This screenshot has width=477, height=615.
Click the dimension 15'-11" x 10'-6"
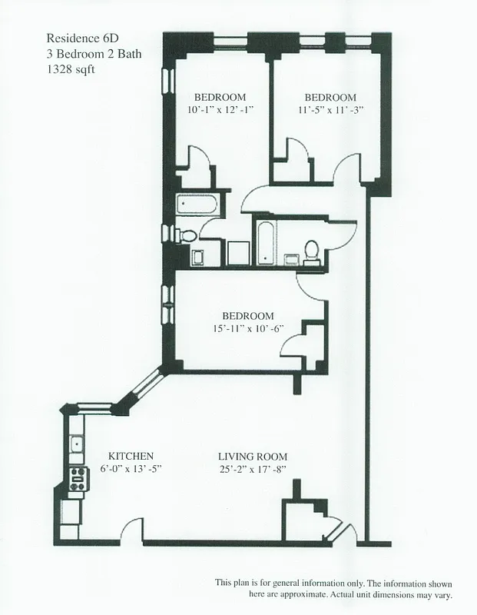(x=248, y=329)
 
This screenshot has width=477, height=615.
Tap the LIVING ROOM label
(x=253, y=455)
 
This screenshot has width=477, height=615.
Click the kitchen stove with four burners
(x=77, y=480)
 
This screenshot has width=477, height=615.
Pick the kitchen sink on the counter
(x=77, y=444)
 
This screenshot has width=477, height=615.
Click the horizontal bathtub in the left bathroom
(x=195, y=205)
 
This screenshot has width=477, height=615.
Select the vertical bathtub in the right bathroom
(x=264, y=241)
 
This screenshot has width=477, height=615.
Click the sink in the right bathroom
(x=292, y=258)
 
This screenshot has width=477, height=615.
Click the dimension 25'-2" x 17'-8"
(x=253, y=468)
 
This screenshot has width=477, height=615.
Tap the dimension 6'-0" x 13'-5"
(x=131, y=468)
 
